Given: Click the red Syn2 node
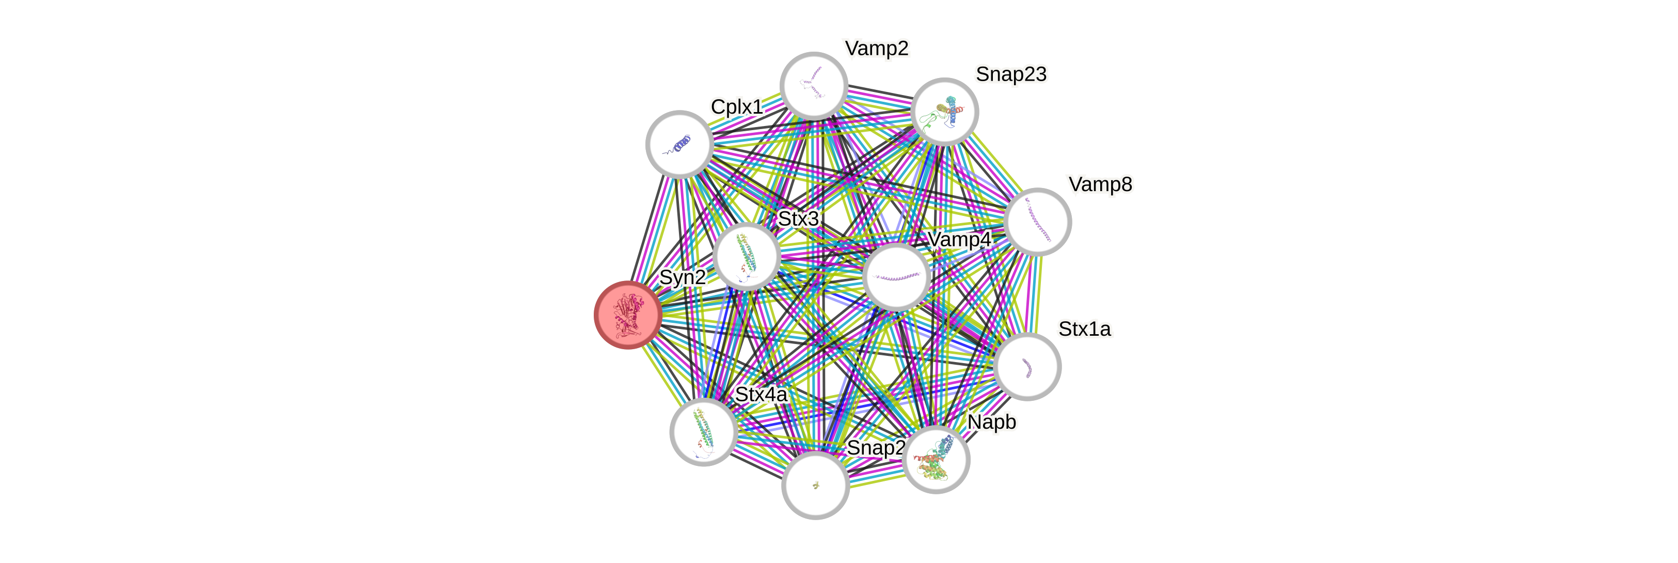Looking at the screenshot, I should pyautogui.click(x=628, y=315).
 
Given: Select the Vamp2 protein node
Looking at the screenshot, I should pyautogui.click(x=814, y=85).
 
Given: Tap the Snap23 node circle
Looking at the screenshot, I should pyautogui.click(x=944, y=112).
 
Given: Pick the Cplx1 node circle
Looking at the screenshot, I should pyautogui.click(x=679, y=144).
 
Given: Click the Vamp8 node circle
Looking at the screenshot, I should pyautogui.click(x=1037, y=222).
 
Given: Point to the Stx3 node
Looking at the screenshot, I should pyautogui.click(x=747, y=256).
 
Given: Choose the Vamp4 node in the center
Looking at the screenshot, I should pyautogui.click(x=896, y=277).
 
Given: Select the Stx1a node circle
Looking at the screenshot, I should pyautogui.click(x=1027, y=366).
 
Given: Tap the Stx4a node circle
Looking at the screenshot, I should pyautogui.click(x=704, y=431).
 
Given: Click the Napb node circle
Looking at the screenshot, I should pyautogui.click(x=937, y=459).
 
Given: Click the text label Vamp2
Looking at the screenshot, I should pyautogui.click(x=876, y=48).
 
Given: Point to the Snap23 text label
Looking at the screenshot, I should pyautogui.click(x=1011, y=74).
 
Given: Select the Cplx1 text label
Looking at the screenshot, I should pyautogui.click(x=737, y=106).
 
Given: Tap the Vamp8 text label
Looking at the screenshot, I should pyautogui.click(x=1100, y=184).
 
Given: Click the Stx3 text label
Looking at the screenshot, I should pyautogui.click(x=799, y=219).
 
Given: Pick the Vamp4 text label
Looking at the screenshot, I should pyautogui.click(x=959, y=240).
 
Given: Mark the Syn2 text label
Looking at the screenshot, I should pyautogui.click(x=683, y=277).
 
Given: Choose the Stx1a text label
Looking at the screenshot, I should pyautogui.click(x=1085, y=329).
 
